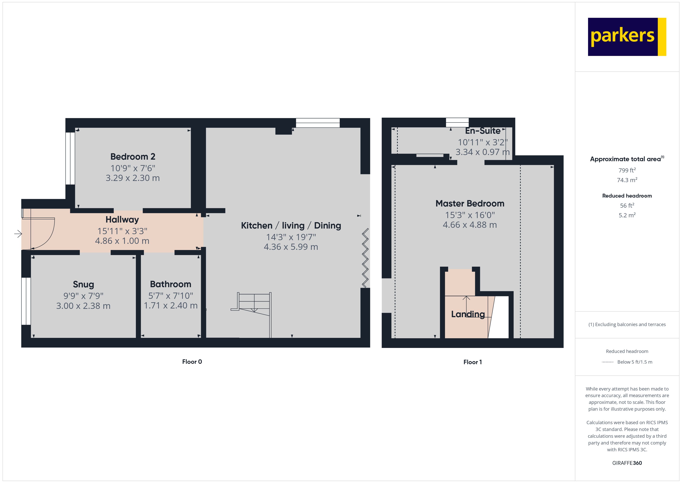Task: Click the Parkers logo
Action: (x=627, y=37)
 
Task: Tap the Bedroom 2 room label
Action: (x=133, y=157)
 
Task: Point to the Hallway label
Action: (x=122, y=219)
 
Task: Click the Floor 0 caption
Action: (x=192, y=362)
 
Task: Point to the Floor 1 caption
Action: (x=472, y=362)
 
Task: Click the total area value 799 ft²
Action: (x=627, y=170)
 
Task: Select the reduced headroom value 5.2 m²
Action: (x=627, y=215)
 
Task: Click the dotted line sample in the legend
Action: (x=607, y=362)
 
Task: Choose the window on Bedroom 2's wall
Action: (x=70, y=158)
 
